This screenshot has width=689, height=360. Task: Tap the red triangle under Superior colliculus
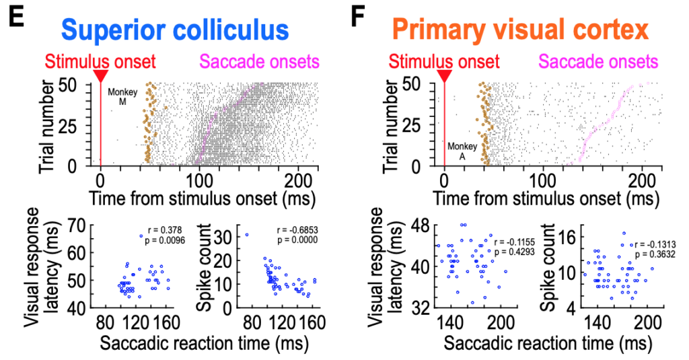pos(100,75)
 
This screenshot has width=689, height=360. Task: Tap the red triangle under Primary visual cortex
pos(444,75)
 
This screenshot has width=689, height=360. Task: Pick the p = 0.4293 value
pos(515,252)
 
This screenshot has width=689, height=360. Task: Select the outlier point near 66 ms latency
pos(141,236)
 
